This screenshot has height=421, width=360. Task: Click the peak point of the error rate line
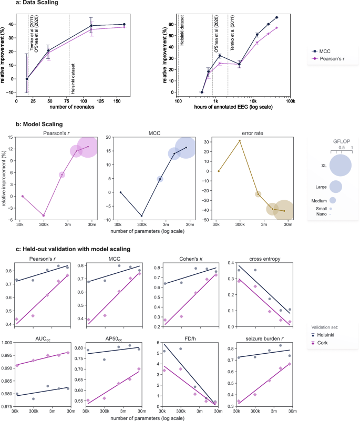[x=240, y=141]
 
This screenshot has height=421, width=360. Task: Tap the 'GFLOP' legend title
[x=341, y=142]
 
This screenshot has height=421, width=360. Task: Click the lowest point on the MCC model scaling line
[x=141, y=216]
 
